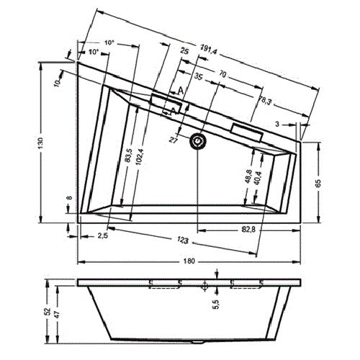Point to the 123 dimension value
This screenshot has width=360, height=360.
click(x=185, y=240)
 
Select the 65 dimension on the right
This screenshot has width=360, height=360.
click(x=318, y=182)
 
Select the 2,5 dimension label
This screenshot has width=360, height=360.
click(x=102, y=235)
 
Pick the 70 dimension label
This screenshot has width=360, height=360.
click(x=223, y=74)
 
